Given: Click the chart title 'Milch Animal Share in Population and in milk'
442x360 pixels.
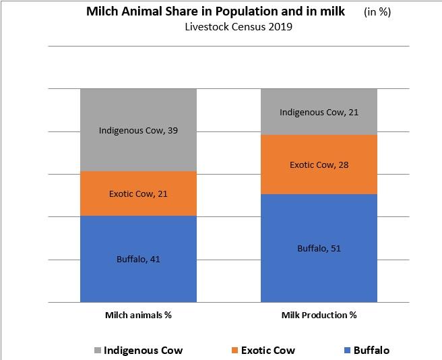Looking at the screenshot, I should click(x=216, y=11).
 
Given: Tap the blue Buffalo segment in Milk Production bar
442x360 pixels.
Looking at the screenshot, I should click(x=319, y=270).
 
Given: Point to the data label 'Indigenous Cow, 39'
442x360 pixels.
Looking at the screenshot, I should click(x=138, y=130).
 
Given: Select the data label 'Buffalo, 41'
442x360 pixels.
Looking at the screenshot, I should click(x=138, y=259).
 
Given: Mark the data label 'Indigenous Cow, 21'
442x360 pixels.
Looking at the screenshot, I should click(x=319, y=112).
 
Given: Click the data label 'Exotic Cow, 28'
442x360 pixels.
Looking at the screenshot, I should click(x=319, y=164).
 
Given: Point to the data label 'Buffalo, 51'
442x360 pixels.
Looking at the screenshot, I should click(x=319, y=248).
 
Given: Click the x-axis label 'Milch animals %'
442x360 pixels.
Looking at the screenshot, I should click(x=138, y=315).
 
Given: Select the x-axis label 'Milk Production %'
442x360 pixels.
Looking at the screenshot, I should click(x=319, y=315).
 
